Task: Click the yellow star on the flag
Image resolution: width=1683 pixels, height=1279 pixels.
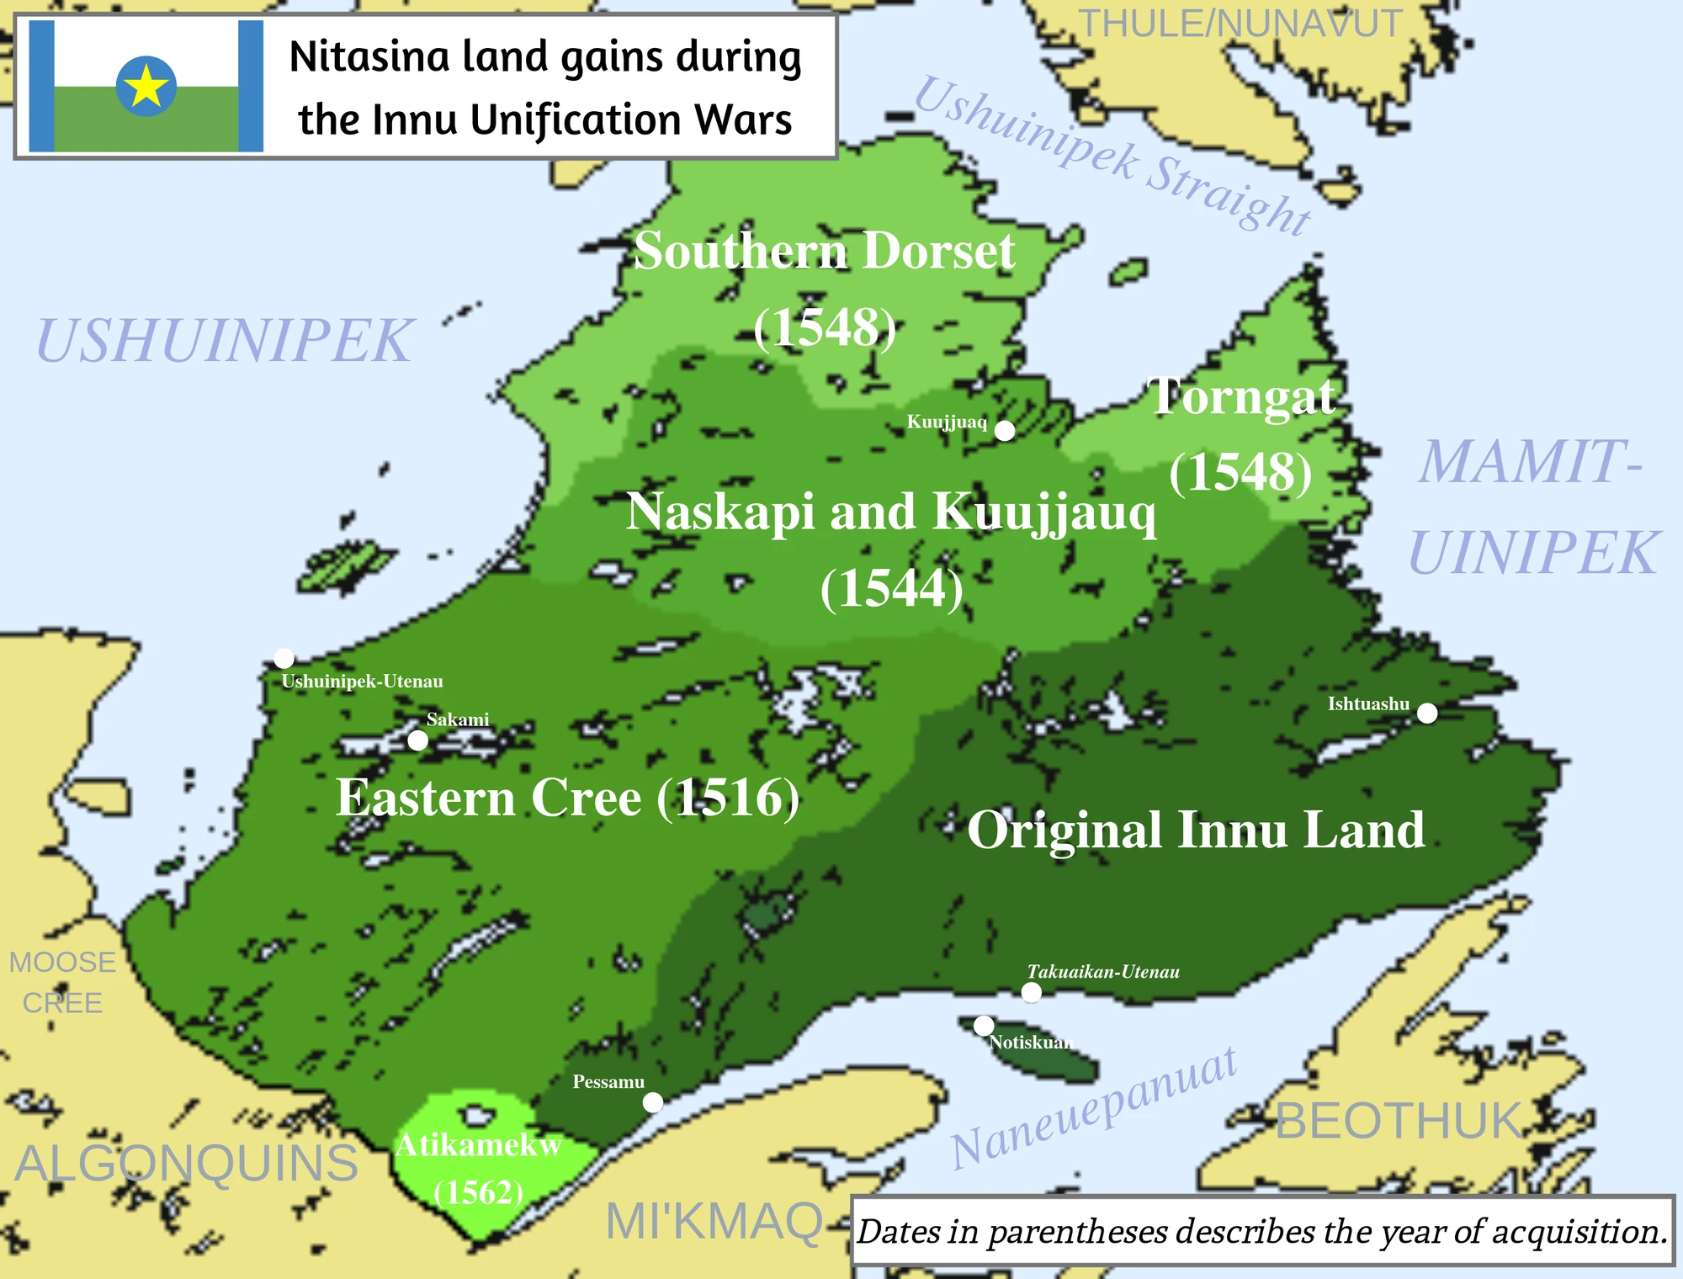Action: coord(146,86)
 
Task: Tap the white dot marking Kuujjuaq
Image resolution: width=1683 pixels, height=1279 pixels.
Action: coord(1005,431)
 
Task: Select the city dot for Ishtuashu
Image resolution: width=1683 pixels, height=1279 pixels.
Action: coord(1427,714)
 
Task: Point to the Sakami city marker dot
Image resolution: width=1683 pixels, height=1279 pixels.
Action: coord(418,740)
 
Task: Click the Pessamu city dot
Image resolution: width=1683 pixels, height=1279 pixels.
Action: coord(653,1102)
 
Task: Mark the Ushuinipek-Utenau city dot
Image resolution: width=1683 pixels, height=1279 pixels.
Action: coord(284,658)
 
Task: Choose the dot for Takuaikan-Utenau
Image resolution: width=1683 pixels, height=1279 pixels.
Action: coord(1032,992)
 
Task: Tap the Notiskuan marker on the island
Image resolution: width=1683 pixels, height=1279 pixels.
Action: coord(984,1026)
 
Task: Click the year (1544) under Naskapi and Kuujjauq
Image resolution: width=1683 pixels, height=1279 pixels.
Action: coord(891,588)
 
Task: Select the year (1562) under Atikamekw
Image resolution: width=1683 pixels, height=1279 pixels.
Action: coord(479,1192)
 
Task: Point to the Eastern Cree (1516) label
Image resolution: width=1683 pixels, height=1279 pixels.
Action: coord(567,798)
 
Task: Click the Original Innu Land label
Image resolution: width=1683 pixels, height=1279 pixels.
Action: coord(1196,831)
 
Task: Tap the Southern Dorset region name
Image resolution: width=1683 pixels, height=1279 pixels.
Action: coord(825,251)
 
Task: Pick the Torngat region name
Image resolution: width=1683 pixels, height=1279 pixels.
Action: coord(1242,396)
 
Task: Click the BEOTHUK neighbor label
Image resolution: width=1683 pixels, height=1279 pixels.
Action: coord(1399,1121)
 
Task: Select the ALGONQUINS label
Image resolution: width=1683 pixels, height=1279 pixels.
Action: coord(187,1163)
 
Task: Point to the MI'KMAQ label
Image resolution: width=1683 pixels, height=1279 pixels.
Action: coord(714,1221)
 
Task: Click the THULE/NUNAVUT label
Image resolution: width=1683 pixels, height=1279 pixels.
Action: coord(1240,24)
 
